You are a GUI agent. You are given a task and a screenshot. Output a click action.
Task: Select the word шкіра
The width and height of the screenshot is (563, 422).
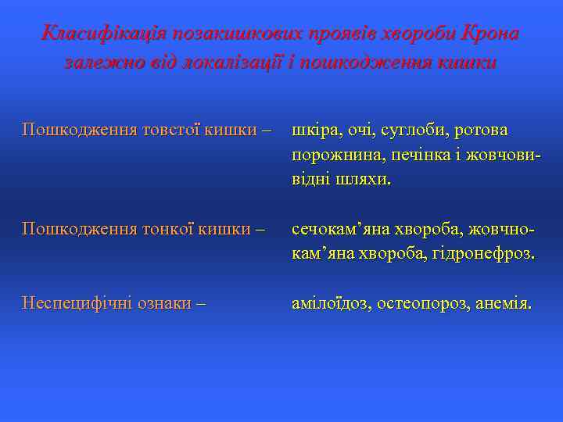click(314, 129)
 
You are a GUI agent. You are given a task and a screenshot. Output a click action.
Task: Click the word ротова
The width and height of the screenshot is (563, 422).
click(481, 129)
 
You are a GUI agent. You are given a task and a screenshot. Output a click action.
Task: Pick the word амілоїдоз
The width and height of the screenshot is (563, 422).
click(331, 303)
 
